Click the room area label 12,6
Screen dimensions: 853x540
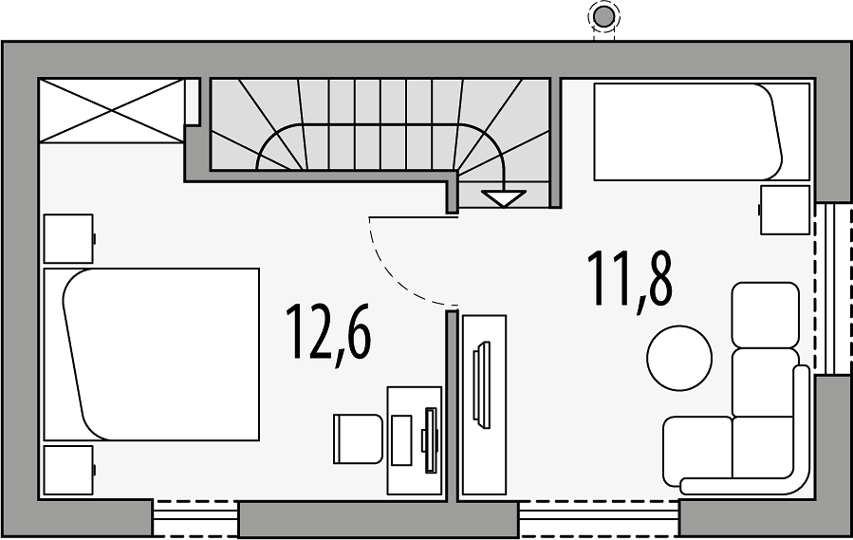click(328, 334)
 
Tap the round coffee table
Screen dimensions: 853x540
click(679, 358)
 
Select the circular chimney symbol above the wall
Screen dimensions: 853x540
click(603, 17)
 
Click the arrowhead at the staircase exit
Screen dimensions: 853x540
click(504, 198)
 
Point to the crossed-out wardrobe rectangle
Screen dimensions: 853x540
click(112, 111)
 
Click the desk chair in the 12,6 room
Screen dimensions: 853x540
click(358, 438)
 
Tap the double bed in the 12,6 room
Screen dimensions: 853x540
click(151, 354)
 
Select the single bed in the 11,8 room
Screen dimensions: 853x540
click(701, 131)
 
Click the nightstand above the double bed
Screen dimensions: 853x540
click(69, 239)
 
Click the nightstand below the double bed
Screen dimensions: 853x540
click(69, 471)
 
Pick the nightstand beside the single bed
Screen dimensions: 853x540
click(784, 210)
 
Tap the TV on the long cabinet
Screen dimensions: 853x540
click(481, 385)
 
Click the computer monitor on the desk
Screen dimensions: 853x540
click(431, 439)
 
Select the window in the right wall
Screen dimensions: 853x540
click(833, 289)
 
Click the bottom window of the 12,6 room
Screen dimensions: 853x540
click(195, 519)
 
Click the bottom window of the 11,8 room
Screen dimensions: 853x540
click(599, 519)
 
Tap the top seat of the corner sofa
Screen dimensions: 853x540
click(766, 315)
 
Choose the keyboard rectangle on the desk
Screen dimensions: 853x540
click(401, 439)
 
